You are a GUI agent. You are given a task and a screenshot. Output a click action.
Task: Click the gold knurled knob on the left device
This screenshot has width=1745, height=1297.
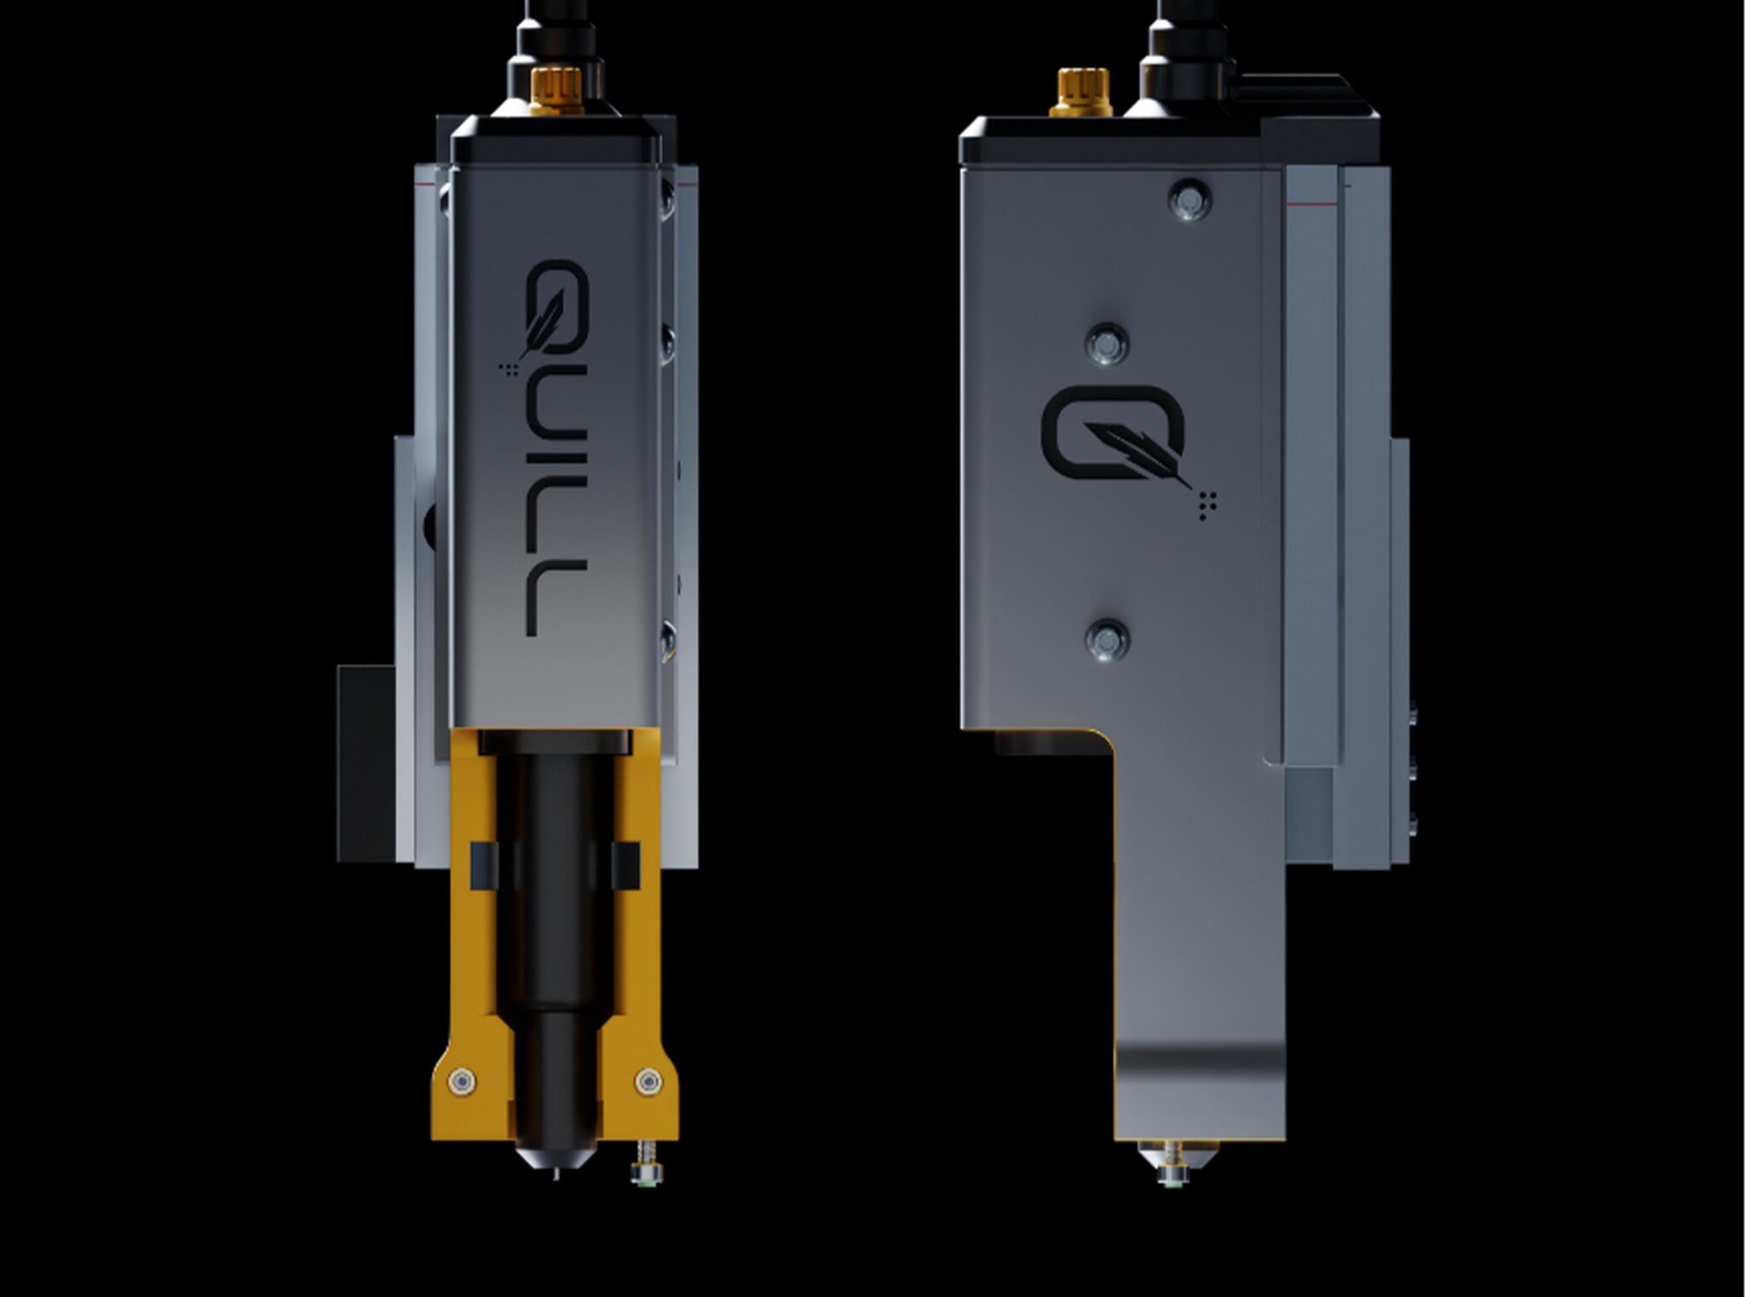point(556,90)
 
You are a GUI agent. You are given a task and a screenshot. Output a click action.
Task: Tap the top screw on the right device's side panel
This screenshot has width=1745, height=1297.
point(1189,199)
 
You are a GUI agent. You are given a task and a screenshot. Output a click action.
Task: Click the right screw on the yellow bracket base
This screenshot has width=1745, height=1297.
point(648,1081)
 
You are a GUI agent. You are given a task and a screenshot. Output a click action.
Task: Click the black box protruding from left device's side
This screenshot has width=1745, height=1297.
point(366,763)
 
